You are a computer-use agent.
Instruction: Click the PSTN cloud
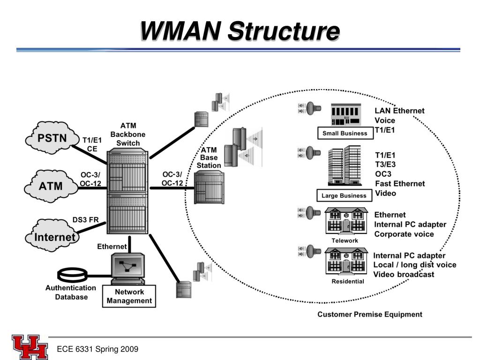(x=52, y=138)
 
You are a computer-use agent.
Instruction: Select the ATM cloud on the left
(x=51, y=186)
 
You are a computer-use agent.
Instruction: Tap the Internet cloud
(x=52, y=235)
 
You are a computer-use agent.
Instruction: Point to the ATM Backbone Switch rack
(x=127, y=191)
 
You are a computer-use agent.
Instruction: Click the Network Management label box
(x=129, y=296)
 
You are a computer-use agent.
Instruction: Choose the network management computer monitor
(x=127, y=266)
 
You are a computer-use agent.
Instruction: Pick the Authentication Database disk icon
(x=73, y=275)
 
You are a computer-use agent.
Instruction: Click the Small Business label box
(x=345, y=133)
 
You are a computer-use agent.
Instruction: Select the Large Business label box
(x=344, y=195)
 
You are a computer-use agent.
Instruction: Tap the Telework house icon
(x=346, y=221)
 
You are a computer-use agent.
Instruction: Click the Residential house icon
(x=346, y=261)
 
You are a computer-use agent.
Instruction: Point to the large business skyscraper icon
(x=345, y=165)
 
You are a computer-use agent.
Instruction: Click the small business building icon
(x=346, y=114)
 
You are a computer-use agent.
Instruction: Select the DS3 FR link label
(x=85, y=220)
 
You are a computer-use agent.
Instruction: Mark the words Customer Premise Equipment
(x=370, y=315)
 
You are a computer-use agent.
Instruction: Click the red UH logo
(x=30, y=347)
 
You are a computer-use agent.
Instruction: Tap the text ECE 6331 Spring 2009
(x=97, y=349)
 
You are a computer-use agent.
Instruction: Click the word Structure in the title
(x=284, y=31)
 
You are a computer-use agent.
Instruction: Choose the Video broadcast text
(x=404, y=274)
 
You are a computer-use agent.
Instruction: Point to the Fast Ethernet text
(x=400, y=184)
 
